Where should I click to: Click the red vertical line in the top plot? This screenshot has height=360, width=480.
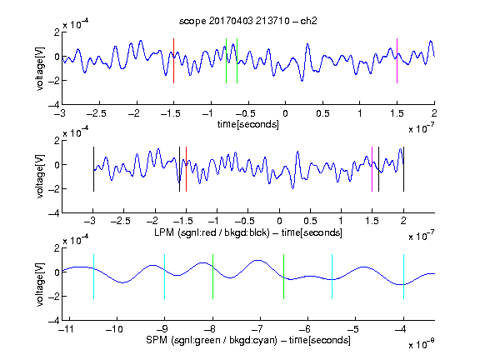point(173,61)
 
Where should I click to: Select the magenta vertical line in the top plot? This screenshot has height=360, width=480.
point(397,61)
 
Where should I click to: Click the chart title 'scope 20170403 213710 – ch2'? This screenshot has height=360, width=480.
point(248,21)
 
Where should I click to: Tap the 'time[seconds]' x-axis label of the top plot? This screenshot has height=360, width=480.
point(248,124)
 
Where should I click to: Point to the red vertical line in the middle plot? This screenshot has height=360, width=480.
point(186,169)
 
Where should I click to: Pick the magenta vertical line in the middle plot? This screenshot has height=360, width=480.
point(372,169)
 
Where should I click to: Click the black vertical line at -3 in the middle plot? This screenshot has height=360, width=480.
point(93,169)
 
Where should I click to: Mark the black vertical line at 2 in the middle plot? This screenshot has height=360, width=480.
point(404,169)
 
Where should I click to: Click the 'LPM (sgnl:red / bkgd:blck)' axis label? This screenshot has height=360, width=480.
point(212,232)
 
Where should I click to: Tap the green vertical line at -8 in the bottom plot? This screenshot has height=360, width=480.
point(212,277)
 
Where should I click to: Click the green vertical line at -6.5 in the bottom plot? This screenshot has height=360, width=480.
point(284,277)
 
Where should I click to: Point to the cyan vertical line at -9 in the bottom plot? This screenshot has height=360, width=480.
point(164,277)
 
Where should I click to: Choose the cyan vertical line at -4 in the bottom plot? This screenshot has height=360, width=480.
point(404,277)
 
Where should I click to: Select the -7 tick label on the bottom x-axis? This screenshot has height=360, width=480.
point(260,329)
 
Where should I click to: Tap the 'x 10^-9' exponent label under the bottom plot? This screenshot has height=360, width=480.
point(422,343)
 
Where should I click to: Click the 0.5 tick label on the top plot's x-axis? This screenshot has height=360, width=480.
point(322,113)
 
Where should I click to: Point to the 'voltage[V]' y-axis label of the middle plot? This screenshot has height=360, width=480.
point(40,177)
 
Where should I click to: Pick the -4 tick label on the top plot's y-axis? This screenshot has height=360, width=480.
point(54,105)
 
